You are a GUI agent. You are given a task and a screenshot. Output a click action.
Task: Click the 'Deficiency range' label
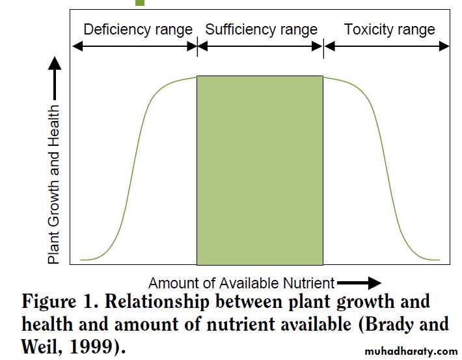pyautogui.click(x=138, y=29)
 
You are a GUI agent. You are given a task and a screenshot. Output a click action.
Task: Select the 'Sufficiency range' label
pyautogui.click(x=261, y=29)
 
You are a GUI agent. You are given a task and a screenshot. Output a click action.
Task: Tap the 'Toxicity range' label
pyautogui.click(x=389, y=29)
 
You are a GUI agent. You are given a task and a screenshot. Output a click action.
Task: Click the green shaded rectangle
pyautogui.click(x=260, y=170)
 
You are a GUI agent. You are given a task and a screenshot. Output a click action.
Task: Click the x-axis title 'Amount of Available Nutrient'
pyautogui.click(x=241, y=283)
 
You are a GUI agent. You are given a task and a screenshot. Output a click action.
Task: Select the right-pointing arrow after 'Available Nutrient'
pyautogui.click(x=359, y=283)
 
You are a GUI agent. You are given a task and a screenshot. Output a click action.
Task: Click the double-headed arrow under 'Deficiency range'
pyautogui.click(x=134, y=46)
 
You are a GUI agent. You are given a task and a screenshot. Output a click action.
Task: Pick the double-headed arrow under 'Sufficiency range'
pyautogui.click(x=260, y=46)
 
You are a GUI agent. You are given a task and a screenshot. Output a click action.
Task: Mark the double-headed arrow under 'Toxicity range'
pyautogui.click(x=387, y=46)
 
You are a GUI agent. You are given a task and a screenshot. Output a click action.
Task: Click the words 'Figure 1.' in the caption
pyautogui.click(x=58, y=303)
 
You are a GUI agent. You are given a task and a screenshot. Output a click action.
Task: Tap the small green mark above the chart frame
pyautogui.click(x=140, y=3)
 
